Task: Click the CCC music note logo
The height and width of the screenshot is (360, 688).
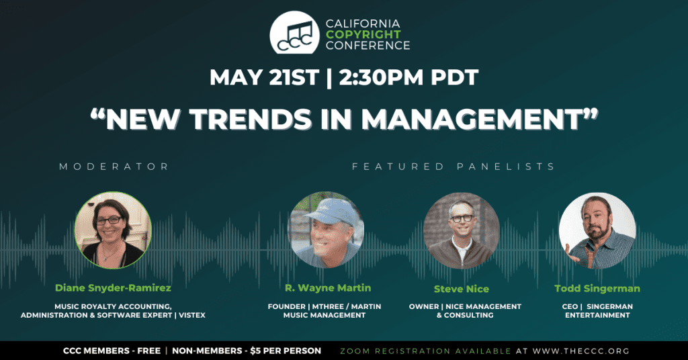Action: tap(294, 33)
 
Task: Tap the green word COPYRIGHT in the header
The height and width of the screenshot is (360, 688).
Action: tap(363, 34)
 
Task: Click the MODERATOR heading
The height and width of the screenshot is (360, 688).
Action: tap(114, 167)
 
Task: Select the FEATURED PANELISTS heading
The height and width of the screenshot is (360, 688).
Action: tap(454, 167)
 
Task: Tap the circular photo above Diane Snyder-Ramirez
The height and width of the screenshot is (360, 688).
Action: tap(113, 230)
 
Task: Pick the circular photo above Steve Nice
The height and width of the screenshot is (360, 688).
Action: tap(462, 230)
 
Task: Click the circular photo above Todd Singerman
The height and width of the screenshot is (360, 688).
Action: tap(597, 230)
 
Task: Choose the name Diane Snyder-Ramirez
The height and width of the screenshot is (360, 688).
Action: tap(113, 288)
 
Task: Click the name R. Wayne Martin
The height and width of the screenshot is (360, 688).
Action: tap(328, 288)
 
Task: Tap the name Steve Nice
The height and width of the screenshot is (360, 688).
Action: tap(461, 289)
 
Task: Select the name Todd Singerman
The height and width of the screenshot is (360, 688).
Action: tap(597, 289)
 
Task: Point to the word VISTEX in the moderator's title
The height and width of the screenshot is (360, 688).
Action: tap(192, 315)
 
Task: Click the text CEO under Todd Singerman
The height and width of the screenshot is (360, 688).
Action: tap(570, 306)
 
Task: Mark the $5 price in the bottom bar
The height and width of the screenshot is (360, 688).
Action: tap(255, 351)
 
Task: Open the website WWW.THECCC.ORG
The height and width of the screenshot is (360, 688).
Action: tap(581, 351)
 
